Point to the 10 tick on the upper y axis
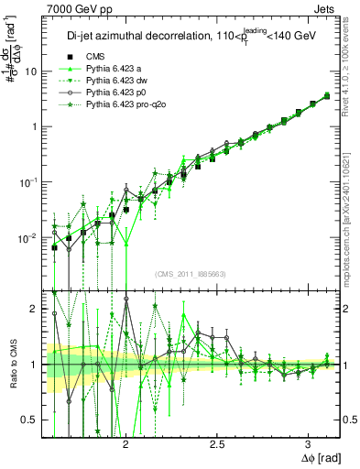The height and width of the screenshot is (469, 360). pyautogui.click(x=30, y=71)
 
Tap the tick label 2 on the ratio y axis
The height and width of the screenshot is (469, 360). pyautogui.click(x=33, y=310)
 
